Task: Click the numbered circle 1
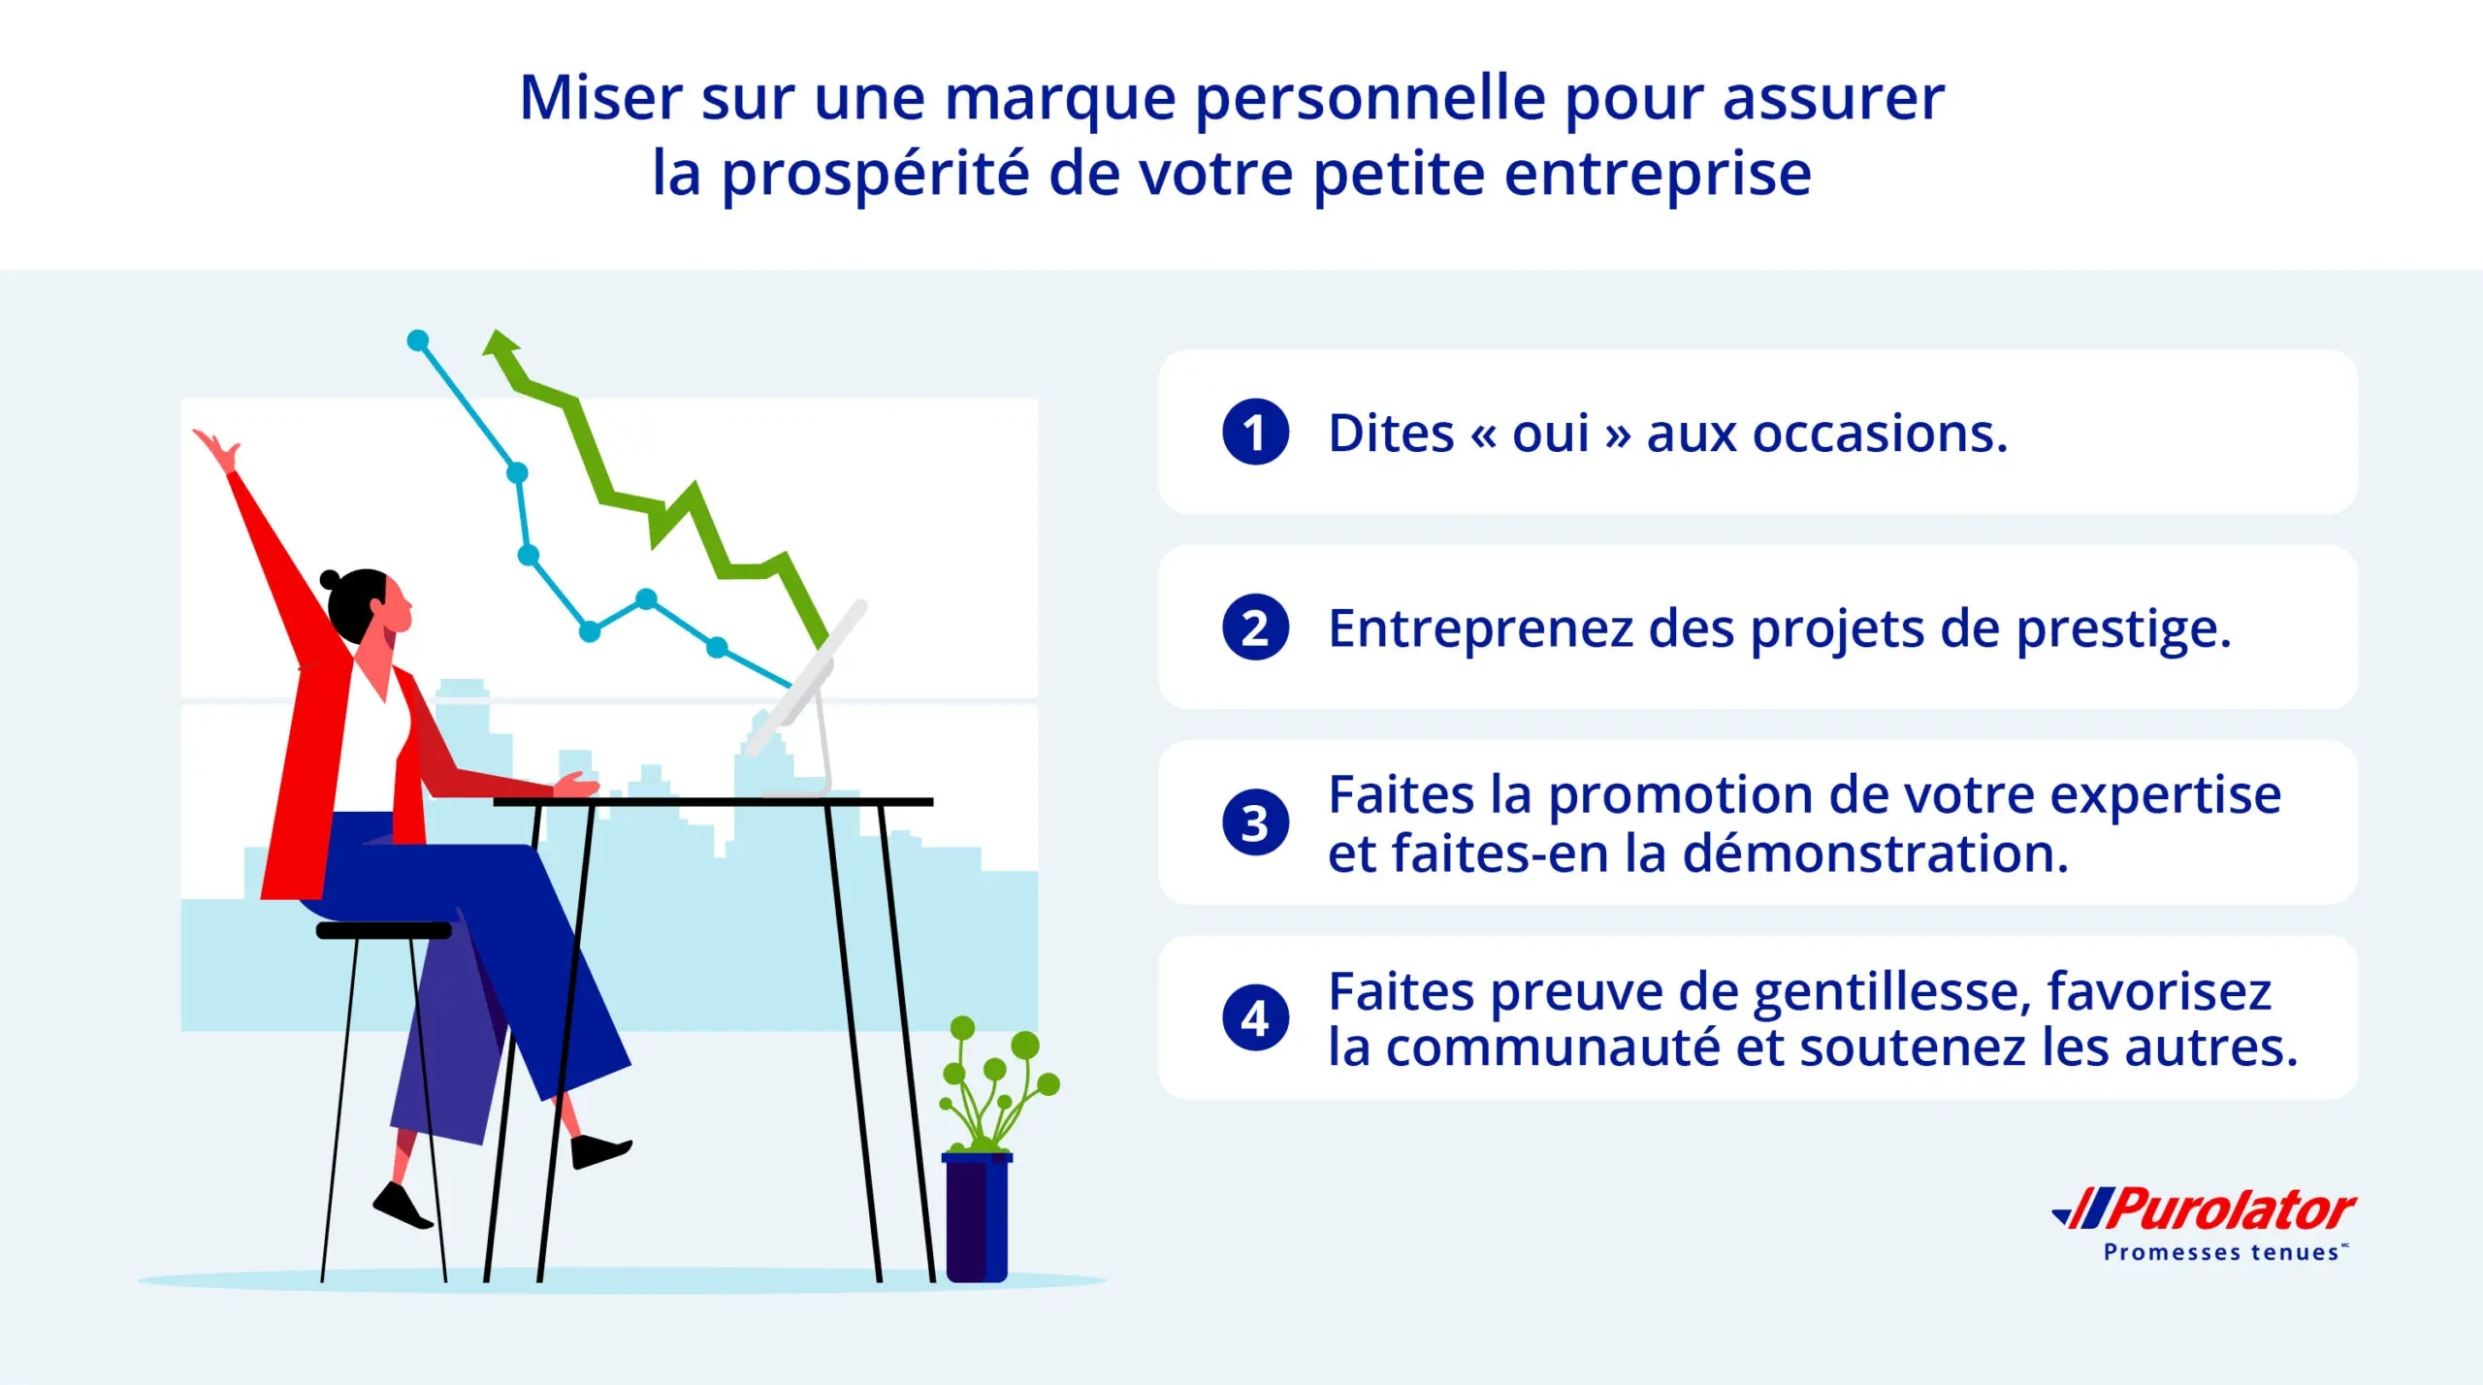[1255, 433]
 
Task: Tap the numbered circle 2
[1255, 628]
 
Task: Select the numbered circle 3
[1255, 822]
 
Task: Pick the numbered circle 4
[1255, 1018]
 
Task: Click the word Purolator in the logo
[2231, 1210]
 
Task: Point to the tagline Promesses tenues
[2221, 1253]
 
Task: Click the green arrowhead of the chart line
[502, 347]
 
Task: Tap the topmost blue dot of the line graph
[418, 340]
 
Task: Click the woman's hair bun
[330, 580]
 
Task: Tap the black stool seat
[384, 930]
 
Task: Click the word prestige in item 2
[2124, 629]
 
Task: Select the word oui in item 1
[1551, 434]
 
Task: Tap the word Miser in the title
[601, 98]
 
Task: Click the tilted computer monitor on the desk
[805, 679]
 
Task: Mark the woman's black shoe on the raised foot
[600, 1151]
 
